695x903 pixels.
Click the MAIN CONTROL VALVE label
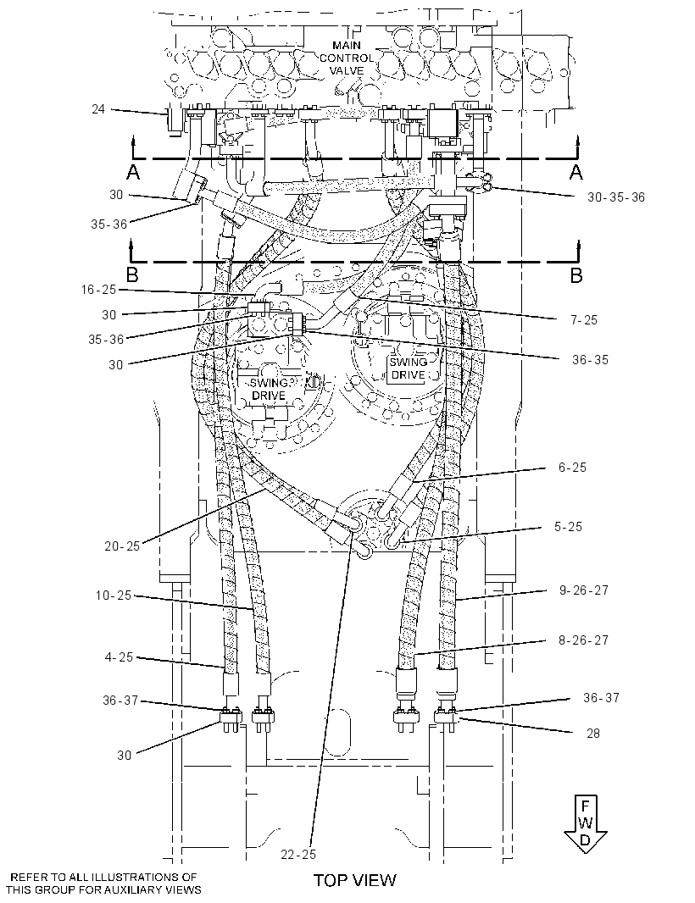pos(347,58)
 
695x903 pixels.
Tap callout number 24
pos(98,108)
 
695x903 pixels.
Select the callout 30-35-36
pos(616,197)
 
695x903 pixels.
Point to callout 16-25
pos(98,290)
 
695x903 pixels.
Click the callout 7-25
pos(584,319)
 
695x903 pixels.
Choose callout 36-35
pos(590,359)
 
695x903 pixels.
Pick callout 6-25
pos(572,467)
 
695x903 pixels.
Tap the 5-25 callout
pos(568,526)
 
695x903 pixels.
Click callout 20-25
pos(122,546)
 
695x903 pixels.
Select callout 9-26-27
pos(584,590)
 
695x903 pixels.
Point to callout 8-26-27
pos(584,640)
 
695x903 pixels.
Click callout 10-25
pos(114,595)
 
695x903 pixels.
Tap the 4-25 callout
pos(119,656)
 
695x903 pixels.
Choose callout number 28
pos(592,733)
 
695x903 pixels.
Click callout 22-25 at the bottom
pos(298,854)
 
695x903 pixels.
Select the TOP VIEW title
pos(355,879)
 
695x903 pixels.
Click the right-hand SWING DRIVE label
pos(408,368)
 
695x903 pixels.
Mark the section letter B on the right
pos(575,275)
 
